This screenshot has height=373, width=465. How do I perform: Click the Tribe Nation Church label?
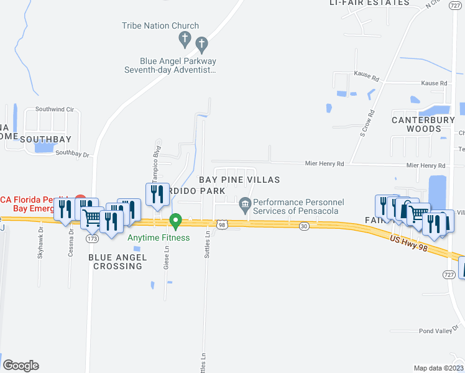160,26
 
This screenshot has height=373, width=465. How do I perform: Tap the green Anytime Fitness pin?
176,220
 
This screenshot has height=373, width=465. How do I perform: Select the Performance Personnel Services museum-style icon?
245,203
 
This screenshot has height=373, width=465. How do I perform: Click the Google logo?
21,365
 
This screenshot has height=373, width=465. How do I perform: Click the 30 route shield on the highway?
303,227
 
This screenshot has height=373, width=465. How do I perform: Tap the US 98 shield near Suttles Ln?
221,224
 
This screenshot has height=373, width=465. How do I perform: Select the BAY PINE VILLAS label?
239,180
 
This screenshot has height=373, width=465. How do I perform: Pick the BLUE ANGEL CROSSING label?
117,262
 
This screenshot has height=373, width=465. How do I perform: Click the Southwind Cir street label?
55,109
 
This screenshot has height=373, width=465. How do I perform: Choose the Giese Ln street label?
167,257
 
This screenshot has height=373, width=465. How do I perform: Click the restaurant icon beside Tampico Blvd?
155,193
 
